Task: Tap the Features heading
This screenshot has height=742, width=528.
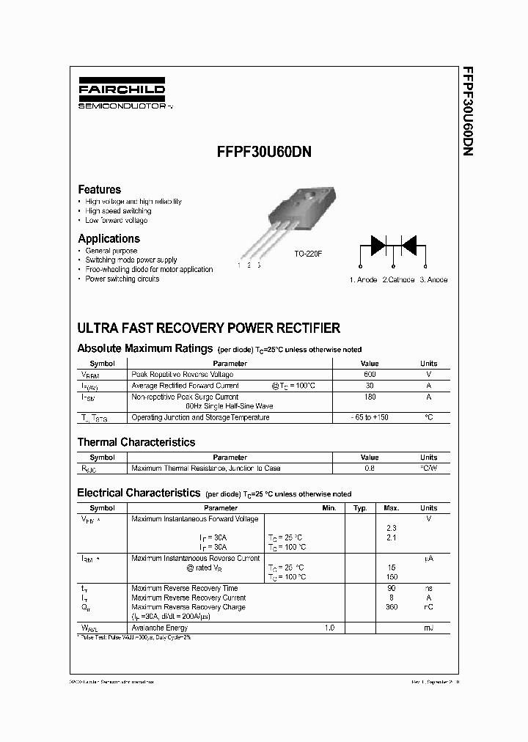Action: pos(99,189)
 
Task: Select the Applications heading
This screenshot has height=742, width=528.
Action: pos(109,238)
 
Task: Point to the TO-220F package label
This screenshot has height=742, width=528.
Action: pos(308,253)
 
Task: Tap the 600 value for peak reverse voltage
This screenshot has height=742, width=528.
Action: pos(370,375)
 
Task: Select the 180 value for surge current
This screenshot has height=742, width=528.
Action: pos(370,397)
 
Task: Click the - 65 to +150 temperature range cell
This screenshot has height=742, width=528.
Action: pos(370,417)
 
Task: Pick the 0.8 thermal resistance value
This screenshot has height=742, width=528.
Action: pos(370,468)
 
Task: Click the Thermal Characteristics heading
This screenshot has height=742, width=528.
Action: pos(136,442)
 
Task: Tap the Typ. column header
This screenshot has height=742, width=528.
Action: pos(360,507)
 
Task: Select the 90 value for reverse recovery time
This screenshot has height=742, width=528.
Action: pos(392,588)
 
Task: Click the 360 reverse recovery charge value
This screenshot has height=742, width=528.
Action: pos(392,607)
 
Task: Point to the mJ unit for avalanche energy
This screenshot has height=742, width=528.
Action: pos(428,628)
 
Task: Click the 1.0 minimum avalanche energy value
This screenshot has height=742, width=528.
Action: pos(329,628)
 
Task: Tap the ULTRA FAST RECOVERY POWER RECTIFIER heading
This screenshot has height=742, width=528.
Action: pos(208,328)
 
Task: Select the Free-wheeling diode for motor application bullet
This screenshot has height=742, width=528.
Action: pos(149,269)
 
